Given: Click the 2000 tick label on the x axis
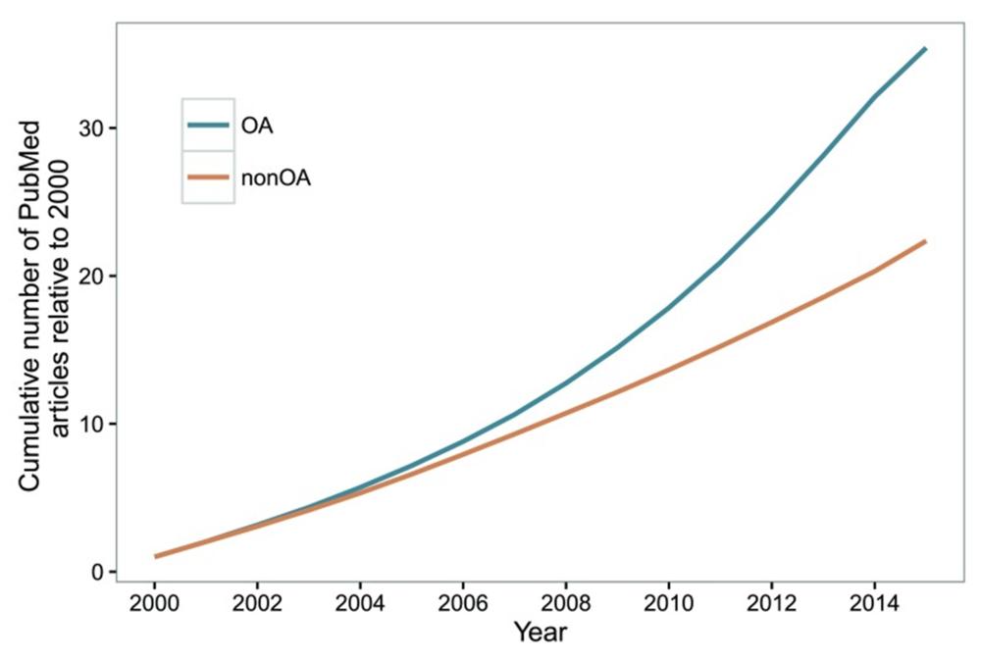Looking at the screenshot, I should pyautogui.click(x=154, y=601).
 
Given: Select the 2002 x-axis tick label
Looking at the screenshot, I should pyautogui.click(x=257, y=601).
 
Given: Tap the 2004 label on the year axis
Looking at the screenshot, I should pyautogui.click(x=360, y=601).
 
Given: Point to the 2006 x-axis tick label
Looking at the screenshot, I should pyautogui.click(x=462, y=601).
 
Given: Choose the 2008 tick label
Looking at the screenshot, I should pyautogui.click(x=565, y=601).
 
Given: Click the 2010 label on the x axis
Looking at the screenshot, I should pyautogui.click(x=668, y=601).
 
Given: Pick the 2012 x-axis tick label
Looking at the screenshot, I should pyautogui.click(x=771, y=601).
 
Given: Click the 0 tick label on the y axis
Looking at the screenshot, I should pyautogui.click(x=99, y=572).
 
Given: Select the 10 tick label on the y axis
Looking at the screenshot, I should pyautogui.click(x=92, y=424).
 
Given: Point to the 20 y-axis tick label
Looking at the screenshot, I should pyautogui.click(x=92, y=276).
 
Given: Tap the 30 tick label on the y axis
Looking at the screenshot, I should pyautogui.click(x=92, y=128).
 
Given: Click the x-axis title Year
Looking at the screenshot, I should pyautogui.click(x=540, y=633).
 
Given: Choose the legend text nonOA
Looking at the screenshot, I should pyautogui.click(x=276, y=178).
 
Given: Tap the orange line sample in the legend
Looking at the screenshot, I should pyautogui.click(x=208, y=178).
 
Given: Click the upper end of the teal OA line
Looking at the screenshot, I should pyautogui.click(x=924, y=48).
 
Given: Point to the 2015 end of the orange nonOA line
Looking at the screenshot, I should pyautogui.click(x=924, y=241).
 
